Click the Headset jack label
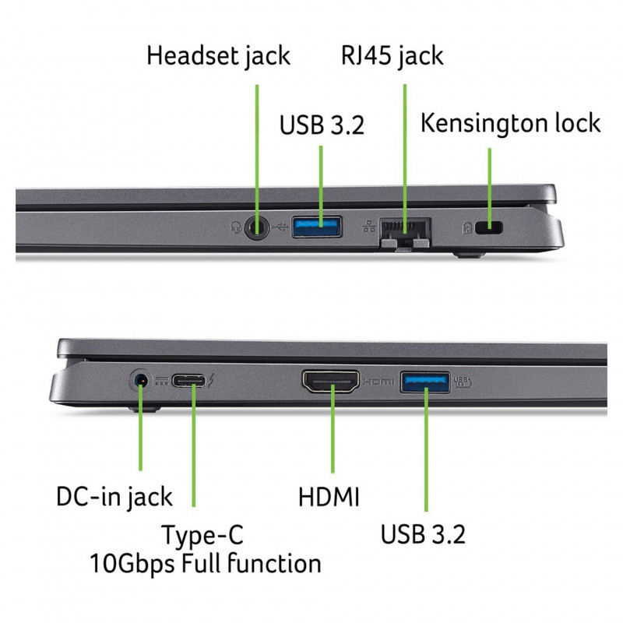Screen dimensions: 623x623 click(218, 56)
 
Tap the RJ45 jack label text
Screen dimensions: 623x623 click(392, 56)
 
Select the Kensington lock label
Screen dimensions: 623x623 click(510, 122)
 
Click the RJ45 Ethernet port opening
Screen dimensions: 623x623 click(404, 229)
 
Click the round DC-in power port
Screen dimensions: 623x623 click(141, 381)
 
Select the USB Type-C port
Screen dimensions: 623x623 click(191, 382)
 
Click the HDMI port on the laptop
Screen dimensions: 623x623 click(330, 382)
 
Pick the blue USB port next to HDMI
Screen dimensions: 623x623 click(424, 382)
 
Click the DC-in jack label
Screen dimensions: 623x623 click(114, 497)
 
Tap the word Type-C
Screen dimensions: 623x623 click(202, 535)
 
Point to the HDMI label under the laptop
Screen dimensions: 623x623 click(329, 497)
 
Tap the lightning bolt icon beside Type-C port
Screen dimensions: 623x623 click(214, 382)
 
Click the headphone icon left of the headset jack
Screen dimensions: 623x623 click(236, 228)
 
